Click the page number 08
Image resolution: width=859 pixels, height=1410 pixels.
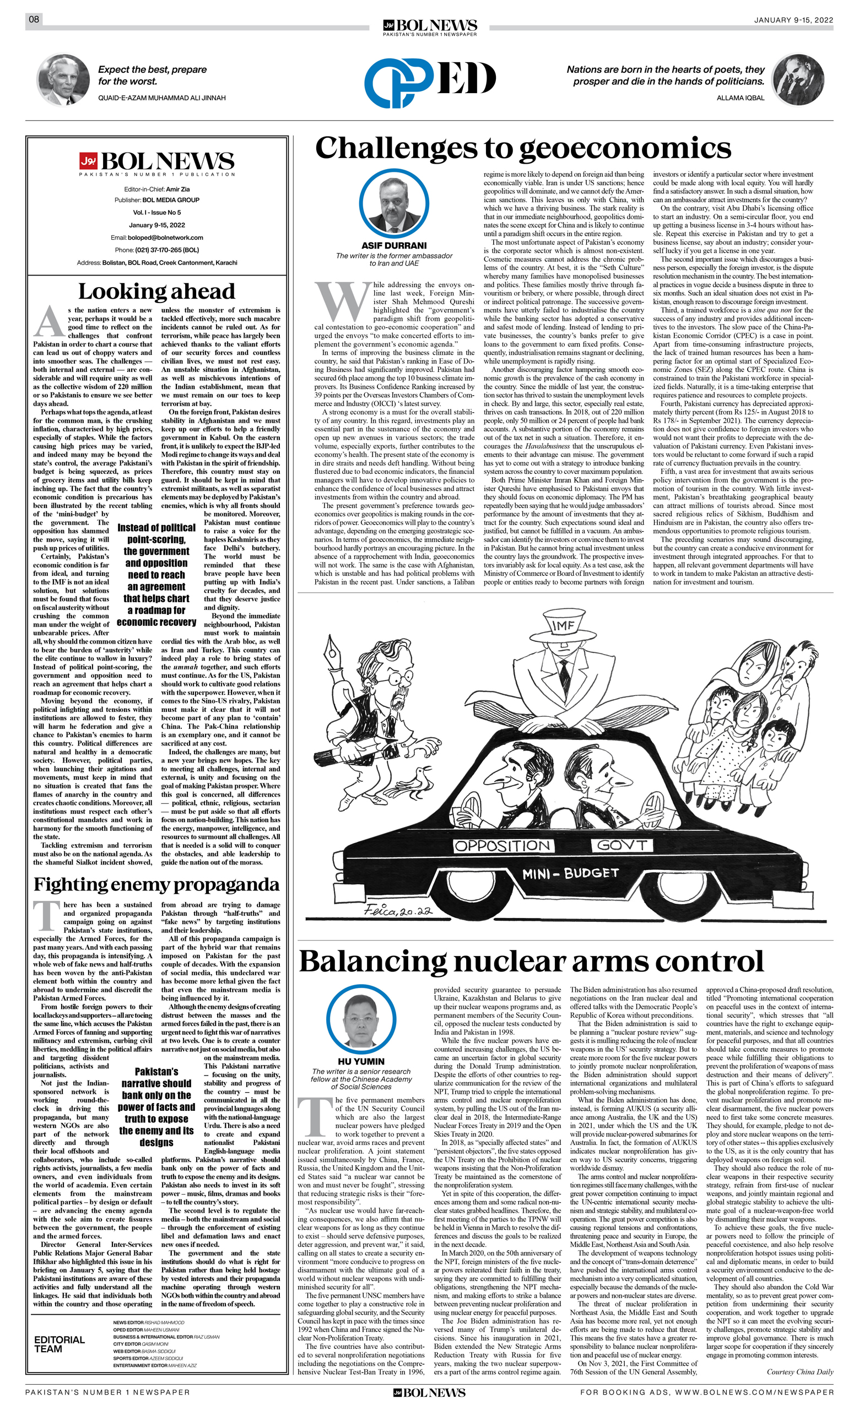tap(34, 19)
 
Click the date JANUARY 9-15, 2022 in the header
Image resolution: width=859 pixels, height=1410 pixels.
tap(793, 20)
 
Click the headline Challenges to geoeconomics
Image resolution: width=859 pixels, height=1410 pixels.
tap(523, 148)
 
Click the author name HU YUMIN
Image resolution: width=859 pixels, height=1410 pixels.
tap(361, 1062)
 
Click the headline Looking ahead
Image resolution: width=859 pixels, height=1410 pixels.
tap(156, 291)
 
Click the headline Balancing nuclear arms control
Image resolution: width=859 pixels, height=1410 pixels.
tap(531, 961)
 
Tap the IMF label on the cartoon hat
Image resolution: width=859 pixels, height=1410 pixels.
tap(563, 625)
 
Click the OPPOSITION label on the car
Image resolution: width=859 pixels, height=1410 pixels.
tap(502, 846)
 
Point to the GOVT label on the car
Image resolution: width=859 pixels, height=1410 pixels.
tap(622, 845)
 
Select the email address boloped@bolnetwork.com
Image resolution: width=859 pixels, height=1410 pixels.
tap(165, 237)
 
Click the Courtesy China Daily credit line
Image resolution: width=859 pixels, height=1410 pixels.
tap(799, 1371)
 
